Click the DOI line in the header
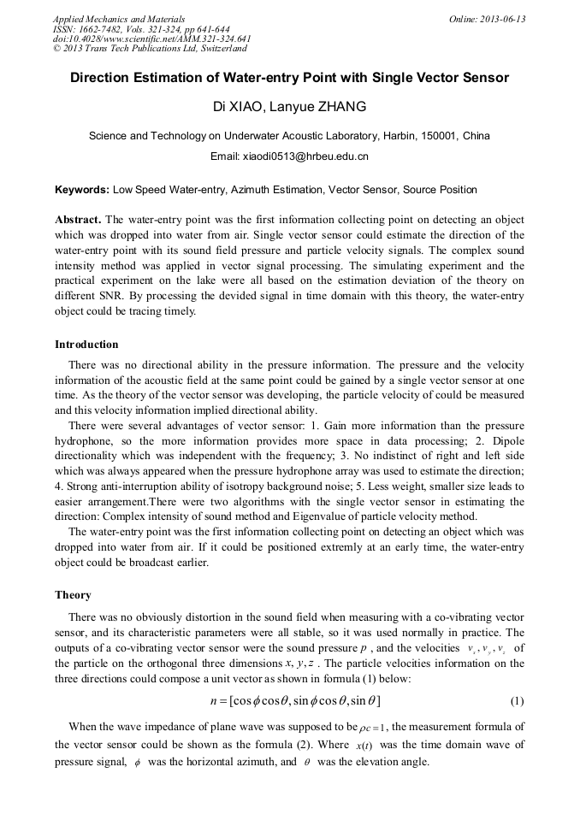click(x=151, y=39)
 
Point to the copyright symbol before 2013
click(x=56, y=50)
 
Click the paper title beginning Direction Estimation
click(x=289, y=78)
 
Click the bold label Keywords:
click(x=82, y=190)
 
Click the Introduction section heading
click(x=86, y=345)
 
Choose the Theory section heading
click(x=73, y=594)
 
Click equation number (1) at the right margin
click(x=517, y=701)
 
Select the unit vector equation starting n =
click(x=290, y=701)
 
